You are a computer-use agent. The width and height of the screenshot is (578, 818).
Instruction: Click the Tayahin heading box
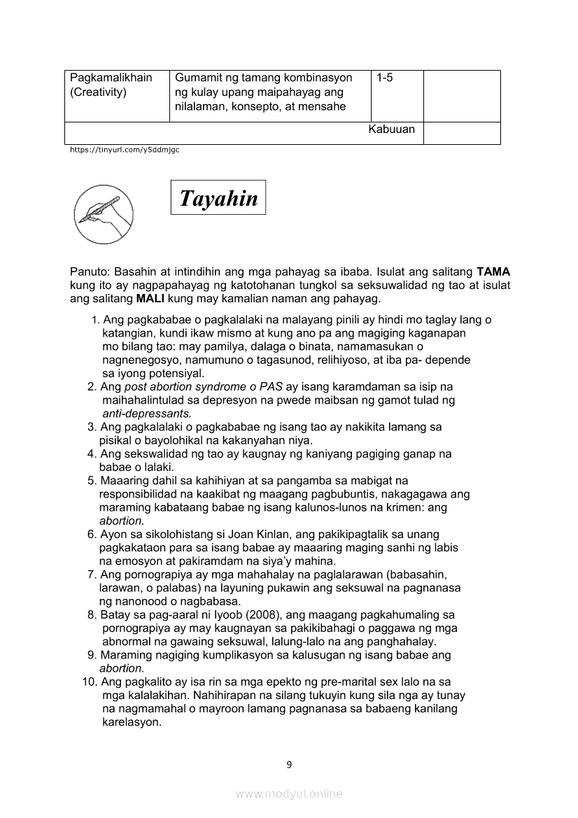pos(218,198)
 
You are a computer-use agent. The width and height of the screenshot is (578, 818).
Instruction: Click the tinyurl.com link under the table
pos(125,150)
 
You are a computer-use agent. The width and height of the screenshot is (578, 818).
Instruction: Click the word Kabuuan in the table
pos(391,129)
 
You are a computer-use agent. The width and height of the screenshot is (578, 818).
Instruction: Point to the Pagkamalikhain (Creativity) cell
pos(116,95)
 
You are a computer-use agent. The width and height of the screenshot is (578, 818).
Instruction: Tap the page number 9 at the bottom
pos(289,764)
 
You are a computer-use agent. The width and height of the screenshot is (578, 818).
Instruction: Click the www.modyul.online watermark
pos(289,794)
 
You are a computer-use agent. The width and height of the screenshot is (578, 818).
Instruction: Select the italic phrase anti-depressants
pos(141,414)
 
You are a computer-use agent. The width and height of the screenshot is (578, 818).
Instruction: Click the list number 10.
pos(90,682)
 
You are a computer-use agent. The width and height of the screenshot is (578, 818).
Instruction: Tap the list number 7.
pos(92,574)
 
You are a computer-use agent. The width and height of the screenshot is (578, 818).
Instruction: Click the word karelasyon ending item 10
pos(132,722)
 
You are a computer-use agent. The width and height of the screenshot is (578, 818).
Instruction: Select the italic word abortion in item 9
pos(121,668)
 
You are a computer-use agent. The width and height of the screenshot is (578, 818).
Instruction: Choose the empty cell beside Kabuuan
pos(462,132)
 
